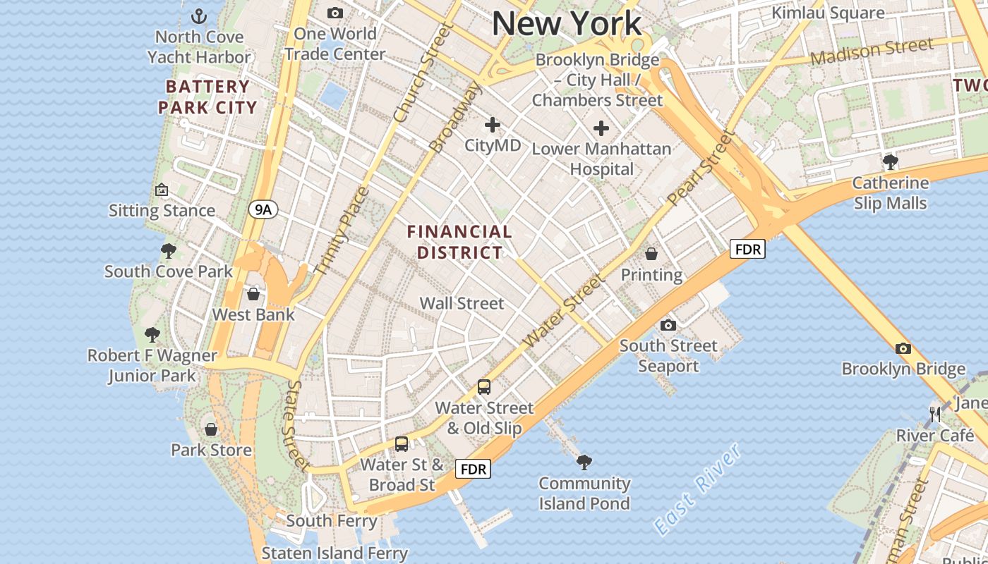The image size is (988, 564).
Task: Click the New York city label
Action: [567, 23]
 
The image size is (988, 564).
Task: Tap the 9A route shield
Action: [263, 209]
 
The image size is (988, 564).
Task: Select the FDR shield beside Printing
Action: [747, 249]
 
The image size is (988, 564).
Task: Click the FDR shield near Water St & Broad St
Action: [472, 469]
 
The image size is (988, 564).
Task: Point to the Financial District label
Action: [459, 242]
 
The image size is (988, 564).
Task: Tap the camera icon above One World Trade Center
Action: [335, 13]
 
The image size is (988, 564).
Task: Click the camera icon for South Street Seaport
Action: [668, 325]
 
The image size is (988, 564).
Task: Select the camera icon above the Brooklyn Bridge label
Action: [903, 348]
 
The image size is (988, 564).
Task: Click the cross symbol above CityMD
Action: [493, 125]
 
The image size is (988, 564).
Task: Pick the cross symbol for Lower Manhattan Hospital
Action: [601, 128]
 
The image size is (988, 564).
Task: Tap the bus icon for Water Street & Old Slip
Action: [484, 386]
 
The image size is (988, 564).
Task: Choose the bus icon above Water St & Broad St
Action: [402, 443]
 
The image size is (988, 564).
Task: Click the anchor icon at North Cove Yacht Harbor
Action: [199, 16]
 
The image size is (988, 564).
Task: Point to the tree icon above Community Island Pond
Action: [584, 462]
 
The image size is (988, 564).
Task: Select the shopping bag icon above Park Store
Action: [211, 429]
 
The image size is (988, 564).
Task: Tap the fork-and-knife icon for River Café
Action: [936, 415]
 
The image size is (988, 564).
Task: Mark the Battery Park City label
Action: [207, 97]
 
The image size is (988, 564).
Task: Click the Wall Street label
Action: [462, 304]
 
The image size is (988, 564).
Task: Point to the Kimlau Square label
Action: [828, 13]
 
